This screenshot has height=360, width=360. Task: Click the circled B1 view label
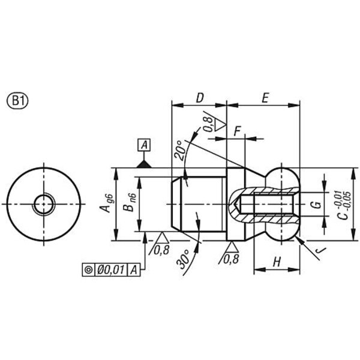[x=17, y=101]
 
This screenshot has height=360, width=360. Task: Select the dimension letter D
[x=200, y=98]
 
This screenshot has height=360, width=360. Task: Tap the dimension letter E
[x=265, y=98]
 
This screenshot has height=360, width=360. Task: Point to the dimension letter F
[x=237, y=131]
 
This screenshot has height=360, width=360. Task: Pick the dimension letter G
[x=317, y=204]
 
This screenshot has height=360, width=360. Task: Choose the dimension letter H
[x=277, y=262]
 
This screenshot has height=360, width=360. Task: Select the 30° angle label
[x=183, y=259]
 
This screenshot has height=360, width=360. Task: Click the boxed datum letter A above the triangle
[x=144, y=145]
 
